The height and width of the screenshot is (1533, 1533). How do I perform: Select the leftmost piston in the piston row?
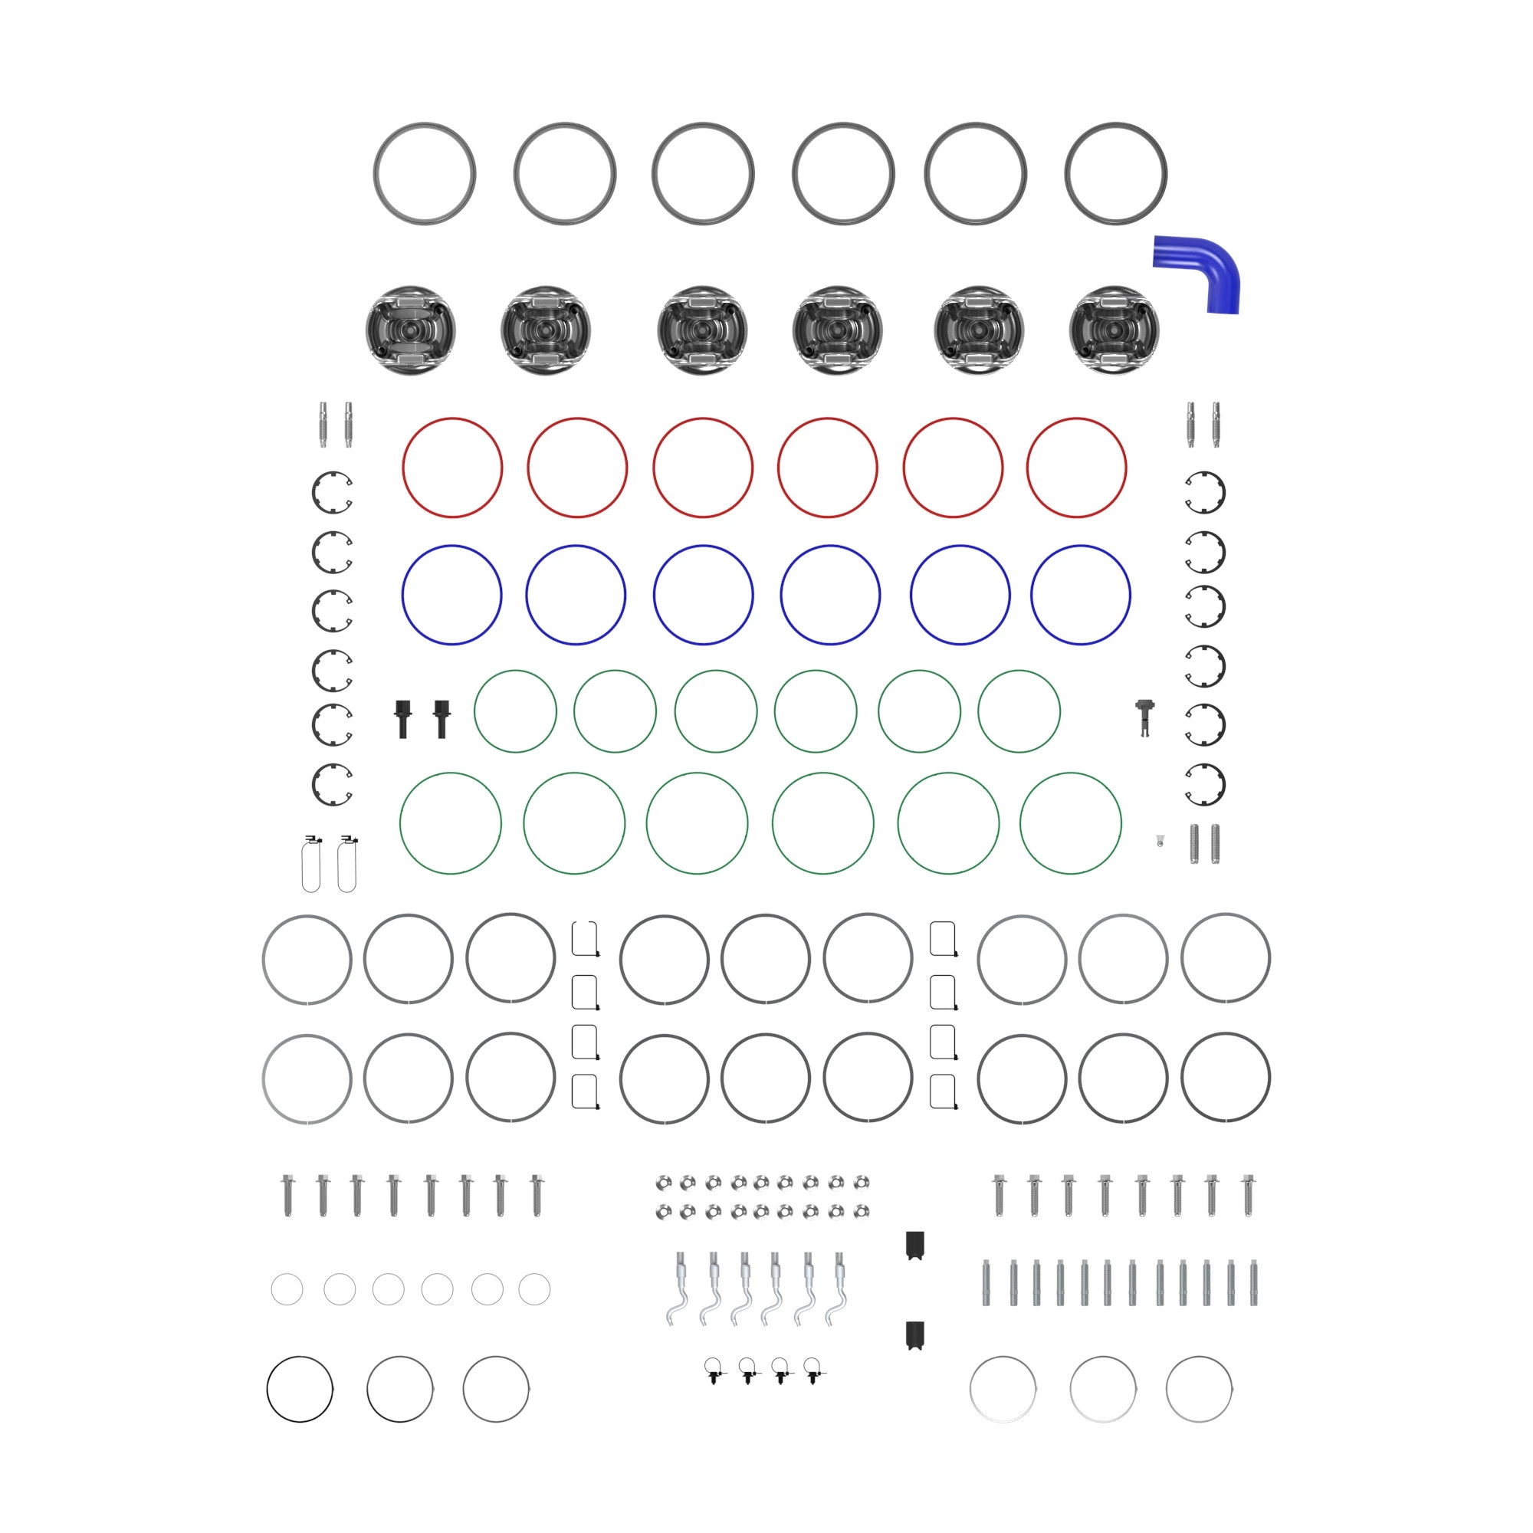(x=410, y=330)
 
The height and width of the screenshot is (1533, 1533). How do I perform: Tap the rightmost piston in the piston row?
(x=1114, y=330)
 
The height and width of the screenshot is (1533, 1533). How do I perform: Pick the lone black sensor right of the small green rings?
(x=1144, y=717)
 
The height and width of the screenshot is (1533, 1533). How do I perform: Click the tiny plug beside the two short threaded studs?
(x=1159, y=842)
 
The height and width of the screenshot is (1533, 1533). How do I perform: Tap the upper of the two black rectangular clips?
(x=915, y=1245)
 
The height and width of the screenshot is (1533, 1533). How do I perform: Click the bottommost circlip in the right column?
(x=1204, y=784)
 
